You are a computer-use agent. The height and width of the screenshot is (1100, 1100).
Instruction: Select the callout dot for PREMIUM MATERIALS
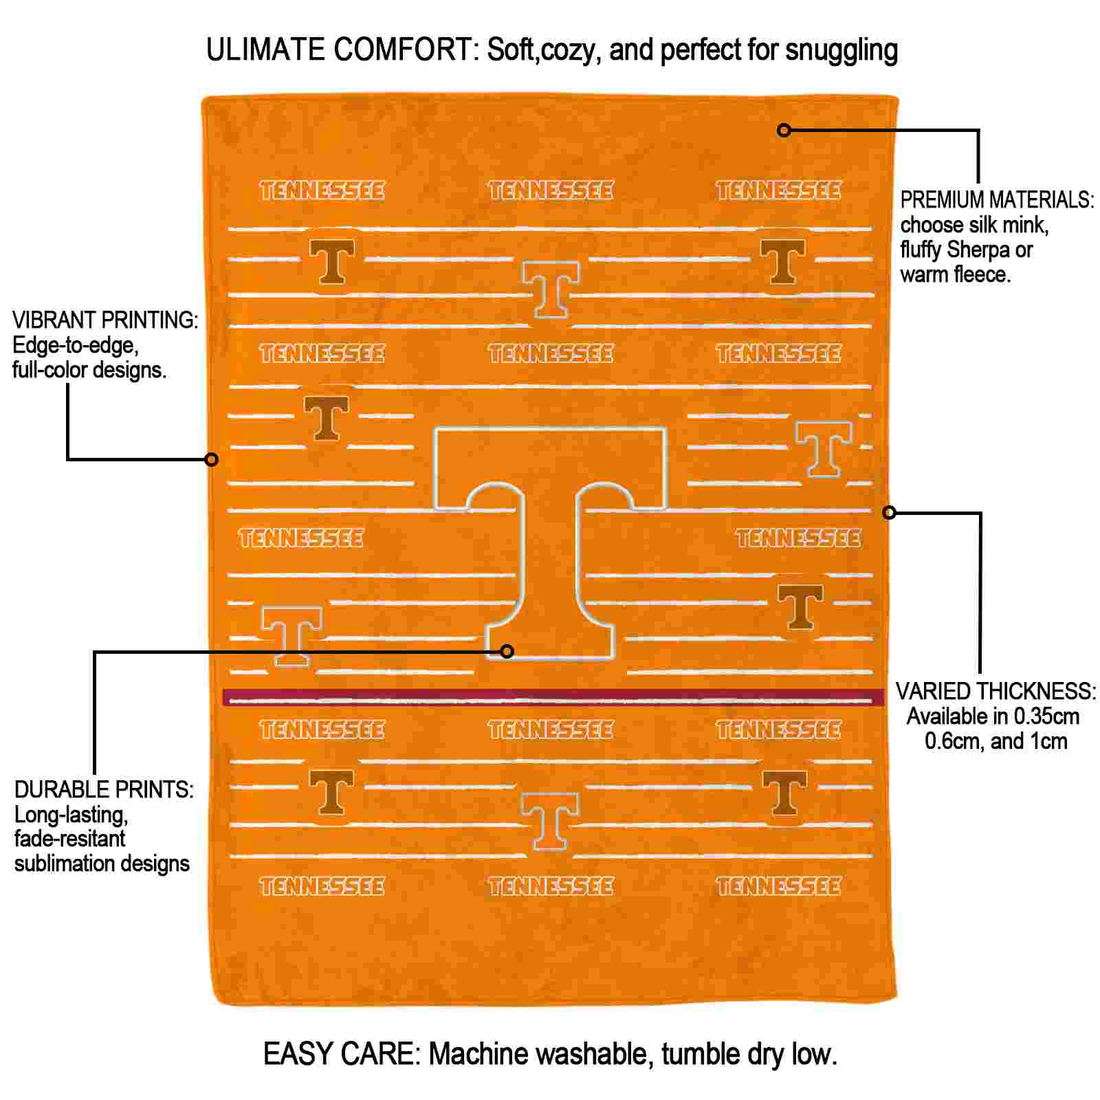784,129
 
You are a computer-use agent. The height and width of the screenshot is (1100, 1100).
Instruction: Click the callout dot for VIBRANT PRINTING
212,459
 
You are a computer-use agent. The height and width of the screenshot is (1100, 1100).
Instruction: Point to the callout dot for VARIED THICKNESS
889,512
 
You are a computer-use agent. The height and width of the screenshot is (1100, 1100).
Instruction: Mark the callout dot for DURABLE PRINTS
507,650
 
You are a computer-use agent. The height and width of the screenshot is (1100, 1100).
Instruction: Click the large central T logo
550,543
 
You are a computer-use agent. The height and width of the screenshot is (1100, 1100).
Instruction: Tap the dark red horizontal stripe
553,697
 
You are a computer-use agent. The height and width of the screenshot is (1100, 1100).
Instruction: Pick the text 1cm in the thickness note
1048,742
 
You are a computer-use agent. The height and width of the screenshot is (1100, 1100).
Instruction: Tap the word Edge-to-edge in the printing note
76,345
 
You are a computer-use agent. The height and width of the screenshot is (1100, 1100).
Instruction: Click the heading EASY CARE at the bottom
342,1054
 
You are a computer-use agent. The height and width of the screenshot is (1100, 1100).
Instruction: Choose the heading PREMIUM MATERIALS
997,200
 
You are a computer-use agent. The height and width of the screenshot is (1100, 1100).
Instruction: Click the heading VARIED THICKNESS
995,691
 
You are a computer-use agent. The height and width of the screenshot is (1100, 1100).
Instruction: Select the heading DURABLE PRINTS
104,789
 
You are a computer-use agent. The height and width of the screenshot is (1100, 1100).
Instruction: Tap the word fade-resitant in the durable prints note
69,839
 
